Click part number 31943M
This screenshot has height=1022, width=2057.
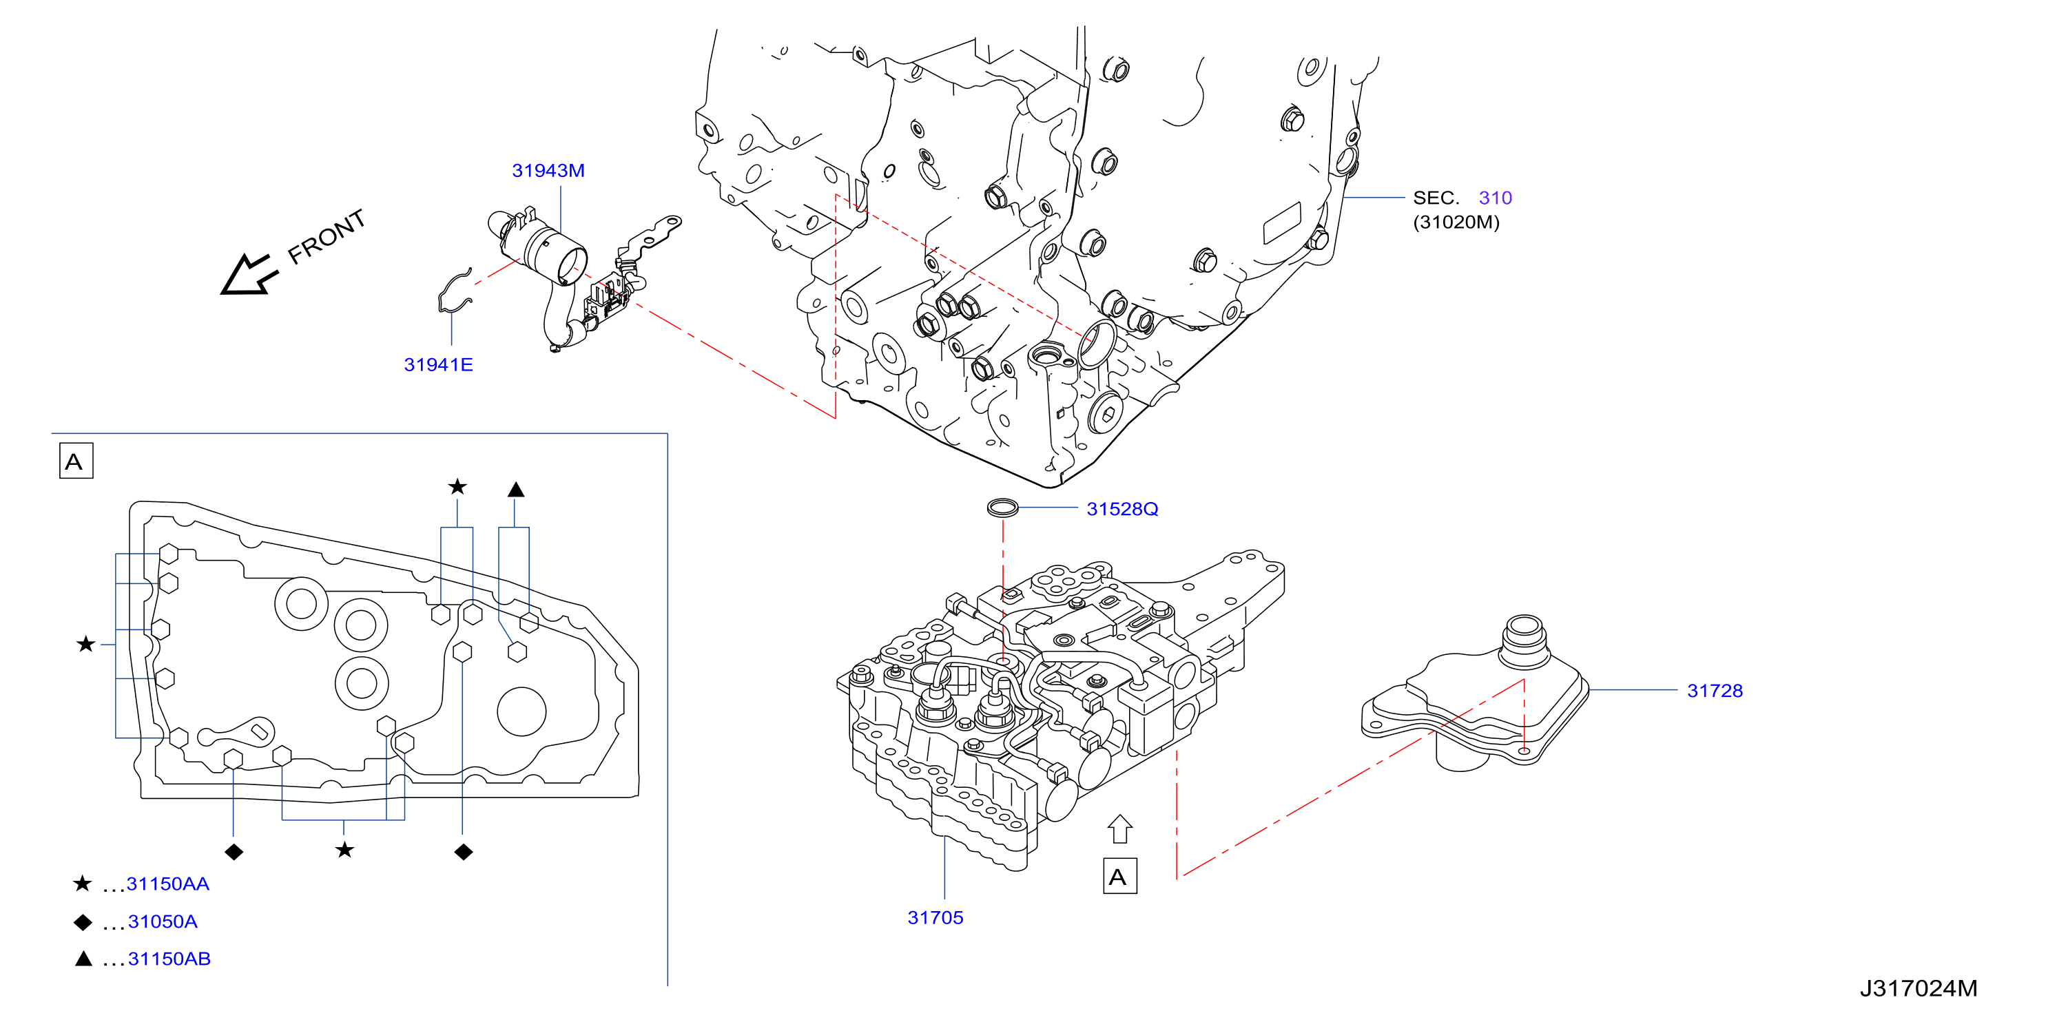[x=548, y=170]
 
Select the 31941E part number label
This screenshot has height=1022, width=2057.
[x=438, y=364]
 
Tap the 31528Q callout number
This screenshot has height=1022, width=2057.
[x=1122, y=509]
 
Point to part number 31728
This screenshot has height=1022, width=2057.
[x=1715, y=691]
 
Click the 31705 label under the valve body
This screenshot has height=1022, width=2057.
[x=935, y=917]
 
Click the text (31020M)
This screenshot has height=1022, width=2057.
[x=1456, y=222]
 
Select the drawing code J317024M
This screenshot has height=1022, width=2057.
[x=1918, y=988]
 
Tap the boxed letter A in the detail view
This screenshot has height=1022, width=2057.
[x=76, y=461]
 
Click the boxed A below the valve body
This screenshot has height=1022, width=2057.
[x=1119, y=877]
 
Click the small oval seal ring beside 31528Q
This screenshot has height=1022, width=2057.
[x=1003, y=507]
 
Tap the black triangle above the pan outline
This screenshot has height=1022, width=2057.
[x=516, y=490]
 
